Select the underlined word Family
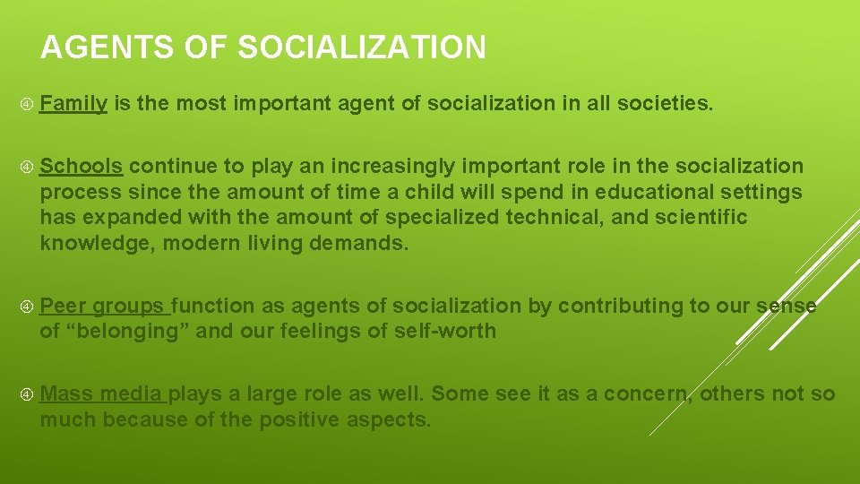[73, 104]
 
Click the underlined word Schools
[82, 167]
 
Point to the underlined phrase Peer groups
[102, 306]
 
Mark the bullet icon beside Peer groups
[27, 307]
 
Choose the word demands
[365, 243]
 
